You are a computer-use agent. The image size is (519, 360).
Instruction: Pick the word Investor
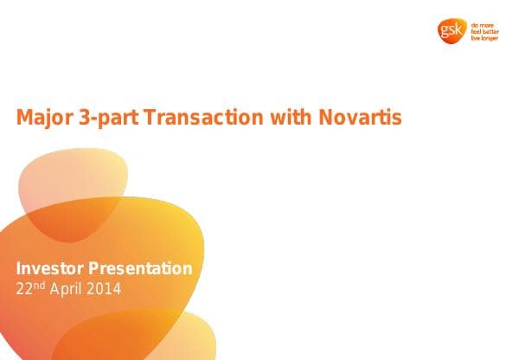[50, 268]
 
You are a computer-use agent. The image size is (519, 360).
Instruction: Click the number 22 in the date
[25, 288]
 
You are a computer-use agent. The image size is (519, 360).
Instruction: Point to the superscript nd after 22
[39, 285]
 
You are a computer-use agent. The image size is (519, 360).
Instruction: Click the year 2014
[106, 288]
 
